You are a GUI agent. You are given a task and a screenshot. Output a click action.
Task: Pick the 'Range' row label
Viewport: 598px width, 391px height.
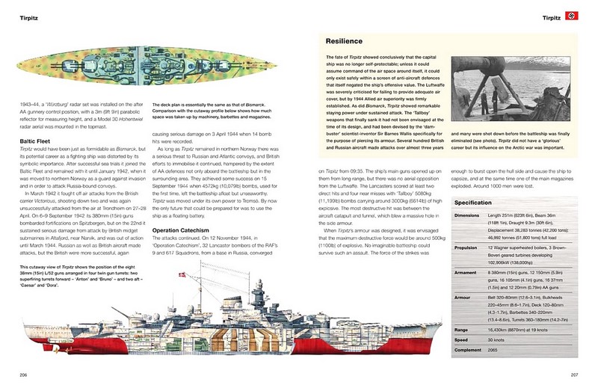pyautogui.click(x=463, y=329)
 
